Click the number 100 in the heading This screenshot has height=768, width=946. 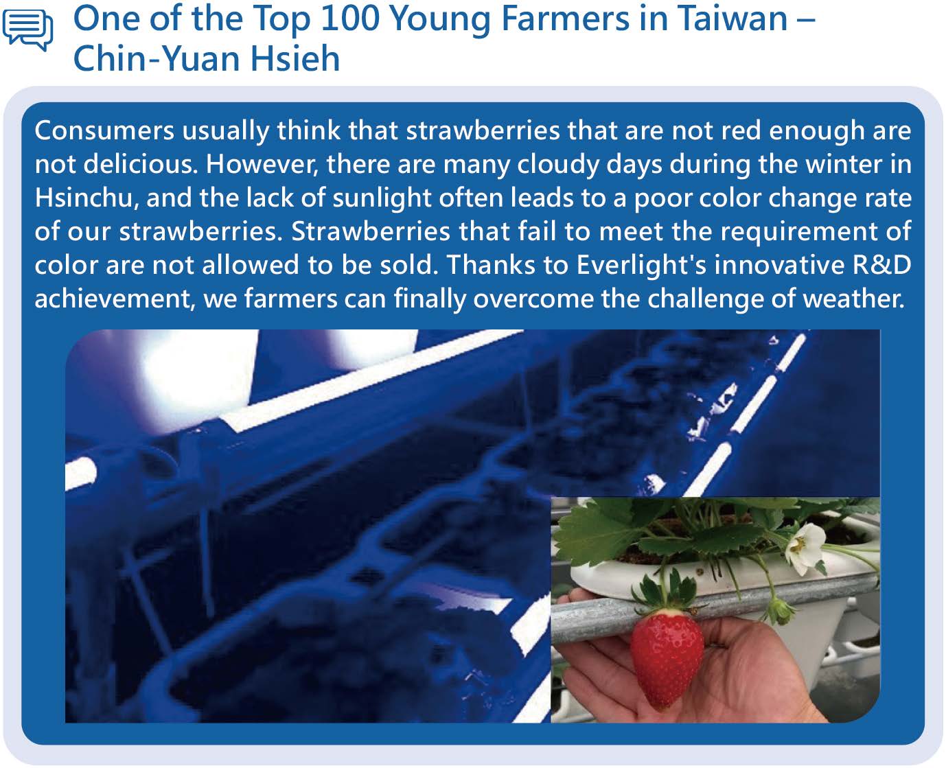click(x=350, y=19)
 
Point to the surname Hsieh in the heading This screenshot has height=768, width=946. click(x=295, y=58)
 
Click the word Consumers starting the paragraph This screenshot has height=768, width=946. click(x=104, y=130)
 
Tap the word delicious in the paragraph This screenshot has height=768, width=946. click(x=140, y=164)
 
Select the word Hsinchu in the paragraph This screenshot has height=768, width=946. click(x=84, y=198)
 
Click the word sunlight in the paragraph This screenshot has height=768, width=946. click(x=382, y=198)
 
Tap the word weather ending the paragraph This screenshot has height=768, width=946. click(x=853, y=299)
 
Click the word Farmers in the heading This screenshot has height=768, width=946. click(x=565, y=19)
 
